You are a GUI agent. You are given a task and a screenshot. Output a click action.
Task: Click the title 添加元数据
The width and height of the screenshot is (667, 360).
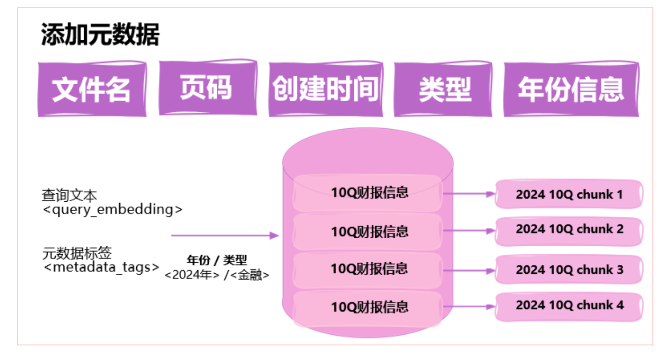[100, 35]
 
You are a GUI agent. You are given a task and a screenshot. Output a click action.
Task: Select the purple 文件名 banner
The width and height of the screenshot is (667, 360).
[92, 89]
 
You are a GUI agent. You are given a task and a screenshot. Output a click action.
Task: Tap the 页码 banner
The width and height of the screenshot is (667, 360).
[207, 88]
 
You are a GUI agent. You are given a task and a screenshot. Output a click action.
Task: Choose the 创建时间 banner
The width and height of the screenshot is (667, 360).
[325, 89]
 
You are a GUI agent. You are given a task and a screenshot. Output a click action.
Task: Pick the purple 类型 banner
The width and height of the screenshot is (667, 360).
[443, 89]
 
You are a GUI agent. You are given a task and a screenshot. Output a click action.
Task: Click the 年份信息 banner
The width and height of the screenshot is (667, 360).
[571, 89]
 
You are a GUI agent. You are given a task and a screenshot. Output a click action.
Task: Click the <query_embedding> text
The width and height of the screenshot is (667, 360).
[112, 209]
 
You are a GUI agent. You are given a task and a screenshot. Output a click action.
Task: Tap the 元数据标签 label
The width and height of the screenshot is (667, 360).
[77, 253]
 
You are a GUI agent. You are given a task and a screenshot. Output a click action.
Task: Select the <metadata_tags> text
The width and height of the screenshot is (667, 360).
[101, 267]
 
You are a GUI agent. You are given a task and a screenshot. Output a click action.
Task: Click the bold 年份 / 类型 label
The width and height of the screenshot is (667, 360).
[217, 260]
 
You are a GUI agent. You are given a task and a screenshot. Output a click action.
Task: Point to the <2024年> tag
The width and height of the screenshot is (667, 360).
[192, 275]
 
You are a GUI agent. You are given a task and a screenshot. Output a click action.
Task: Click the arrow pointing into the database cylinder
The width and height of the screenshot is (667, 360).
[225, 235]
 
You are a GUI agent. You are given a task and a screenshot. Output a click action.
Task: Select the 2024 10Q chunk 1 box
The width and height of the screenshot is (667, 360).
[569, 194]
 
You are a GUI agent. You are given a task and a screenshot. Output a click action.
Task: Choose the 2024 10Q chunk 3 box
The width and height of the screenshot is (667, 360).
[569, 270]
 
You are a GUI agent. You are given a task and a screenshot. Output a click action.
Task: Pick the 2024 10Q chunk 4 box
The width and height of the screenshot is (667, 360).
[569, 306]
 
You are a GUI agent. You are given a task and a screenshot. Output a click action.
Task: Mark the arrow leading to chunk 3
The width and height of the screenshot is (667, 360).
[469, 271]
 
